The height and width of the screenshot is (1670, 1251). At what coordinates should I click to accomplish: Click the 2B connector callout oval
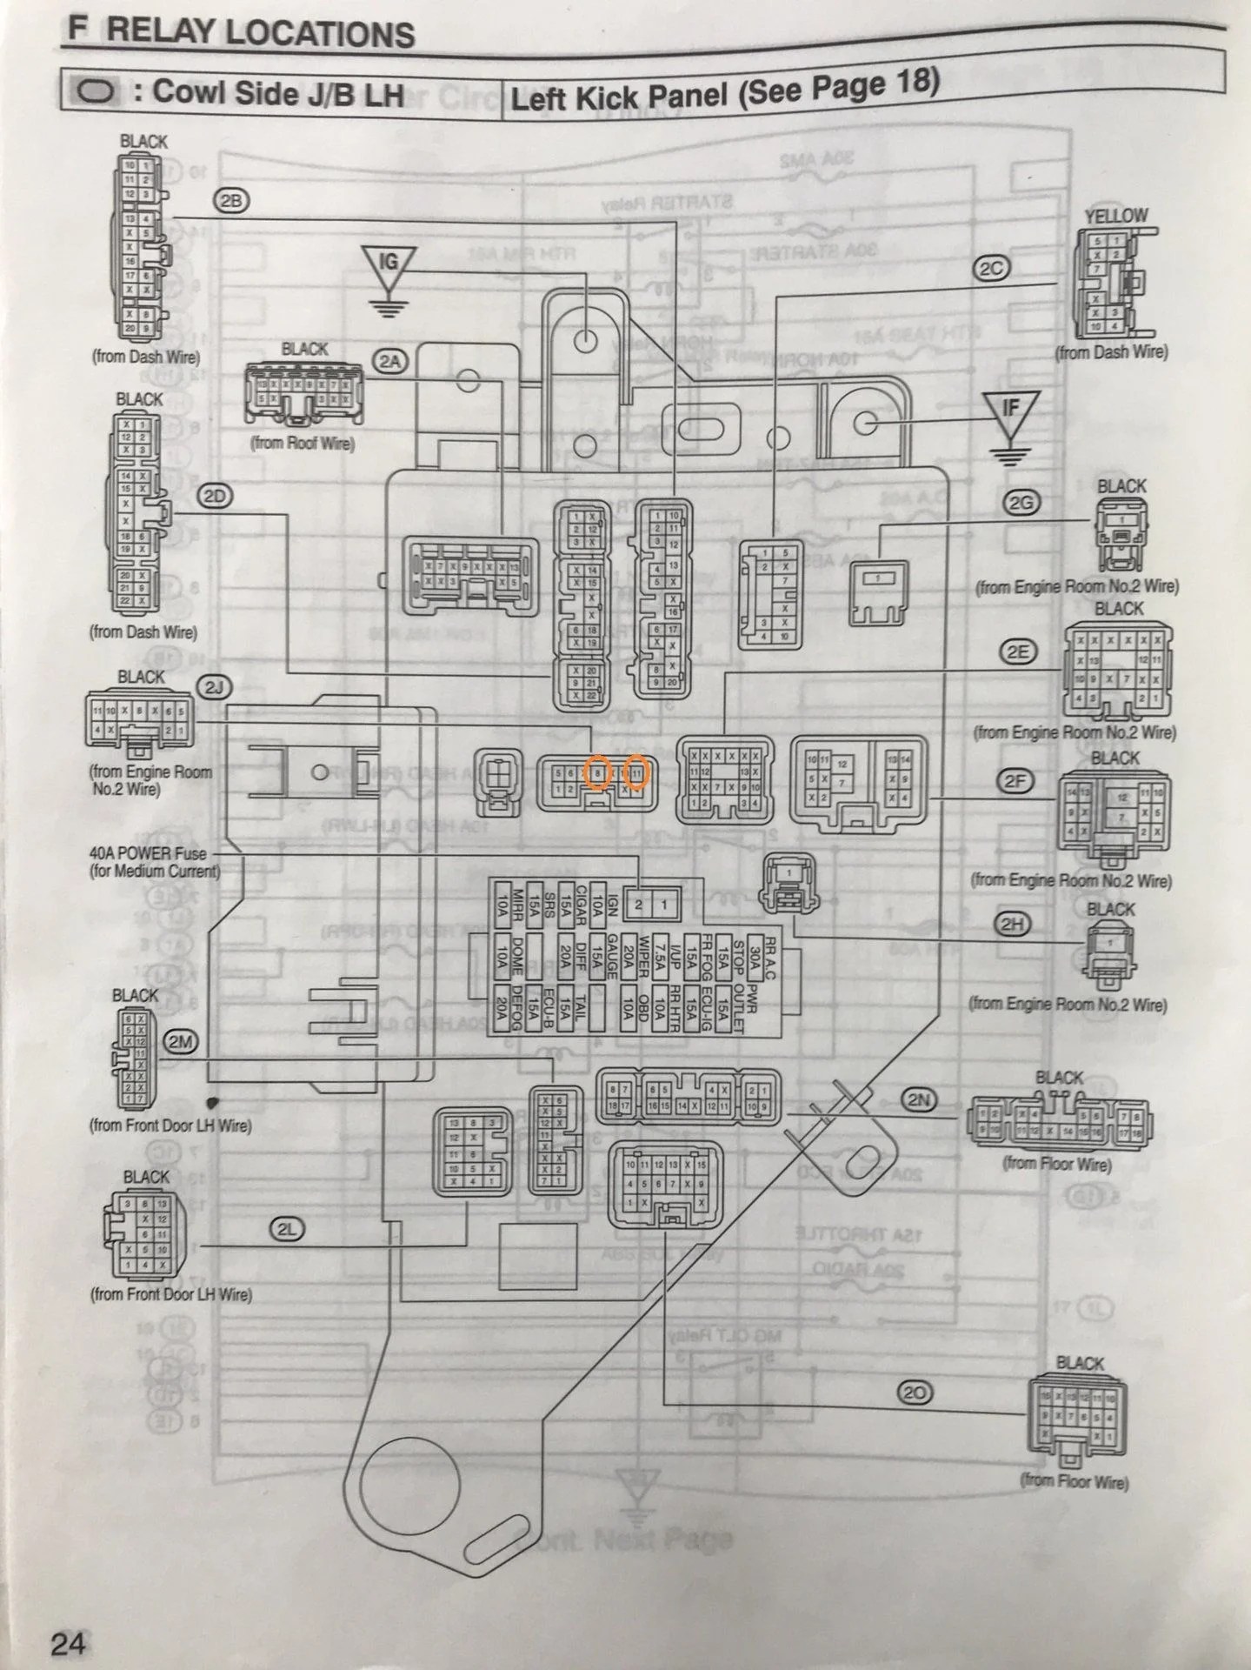coord(231,201)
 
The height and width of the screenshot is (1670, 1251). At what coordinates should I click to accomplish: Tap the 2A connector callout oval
coord(390,360)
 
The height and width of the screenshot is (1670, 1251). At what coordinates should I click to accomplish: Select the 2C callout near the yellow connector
coord(991,269)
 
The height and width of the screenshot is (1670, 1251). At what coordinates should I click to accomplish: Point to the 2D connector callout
coord(216,497)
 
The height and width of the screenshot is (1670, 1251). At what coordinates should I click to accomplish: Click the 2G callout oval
coord(1022,502)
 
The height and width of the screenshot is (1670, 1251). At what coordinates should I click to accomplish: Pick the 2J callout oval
coord(214,687)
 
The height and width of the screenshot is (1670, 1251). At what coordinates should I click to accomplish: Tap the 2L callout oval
coord(287,1229)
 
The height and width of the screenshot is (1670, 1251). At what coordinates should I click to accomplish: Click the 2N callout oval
coord(920,1100)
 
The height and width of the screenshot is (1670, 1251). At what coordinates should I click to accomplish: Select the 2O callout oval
coord(915,1393)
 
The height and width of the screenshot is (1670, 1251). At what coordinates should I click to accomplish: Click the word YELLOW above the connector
coord(1115,216)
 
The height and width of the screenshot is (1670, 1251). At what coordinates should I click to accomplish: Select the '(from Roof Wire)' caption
coord(303,443)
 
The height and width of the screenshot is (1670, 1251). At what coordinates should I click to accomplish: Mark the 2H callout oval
coord(1012,925)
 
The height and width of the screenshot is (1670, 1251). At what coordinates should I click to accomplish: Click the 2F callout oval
coord(1015,781)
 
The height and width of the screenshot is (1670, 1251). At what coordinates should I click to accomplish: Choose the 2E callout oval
coord(1017,652)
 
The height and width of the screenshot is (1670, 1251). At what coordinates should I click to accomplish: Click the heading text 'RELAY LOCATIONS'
coord(261,33)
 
